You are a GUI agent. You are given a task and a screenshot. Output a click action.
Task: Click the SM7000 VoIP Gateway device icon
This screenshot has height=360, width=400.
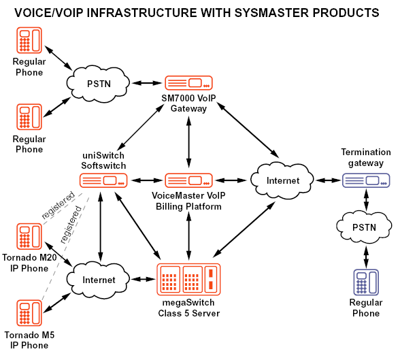tap(188, 82)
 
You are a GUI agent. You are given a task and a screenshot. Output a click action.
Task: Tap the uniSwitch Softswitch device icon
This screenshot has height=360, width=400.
tap(103, 180)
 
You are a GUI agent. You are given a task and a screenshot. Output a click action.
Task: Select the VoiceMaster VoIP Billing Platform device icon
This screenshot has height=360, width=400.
tap(188, 180)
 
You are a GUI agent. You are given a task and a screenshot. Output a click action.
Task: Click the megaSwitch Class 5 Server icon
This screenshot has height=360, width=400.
tap(188, 280)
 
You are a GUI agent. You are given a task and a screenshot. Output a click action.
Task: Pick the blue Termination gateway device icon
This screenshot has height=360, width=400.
tap(366, 180)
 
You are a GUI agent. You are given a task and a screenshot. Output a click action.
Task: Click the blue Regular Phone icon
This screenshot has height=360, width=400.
tap(366, 282)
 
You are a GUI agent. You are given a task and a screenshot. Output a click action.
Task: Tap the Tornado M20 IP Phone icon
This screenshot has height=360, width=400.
tap(29, 236)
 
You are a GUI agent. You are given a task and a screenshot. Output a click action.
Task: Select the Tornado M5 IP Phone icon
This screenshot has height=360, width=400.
tap(29, 313)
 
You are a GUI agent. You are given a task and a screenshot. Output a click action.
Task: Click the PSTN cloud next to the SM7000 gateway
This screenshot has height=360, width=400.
tap(98, 84)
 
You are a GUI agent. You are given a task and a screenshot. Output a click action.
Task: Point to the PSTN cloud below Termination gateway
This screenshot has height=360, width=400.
tap(364, 227)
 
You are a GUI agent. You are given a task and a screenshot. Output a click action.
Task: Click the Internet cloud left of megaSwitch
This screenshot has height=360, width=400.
tap(98, 280)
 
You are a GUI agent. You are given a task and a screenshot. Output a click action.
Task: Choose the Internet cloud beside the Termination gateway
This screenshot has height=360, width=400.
tap(282, 180)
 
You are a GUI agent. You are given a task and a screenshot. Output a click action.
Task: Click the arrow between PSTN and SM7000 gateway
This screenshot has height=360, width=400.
tap(147, 83)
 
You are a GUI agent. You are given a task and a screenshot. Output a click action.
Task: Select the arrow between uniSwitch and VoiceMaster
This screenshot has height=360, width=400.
tap(146, 180)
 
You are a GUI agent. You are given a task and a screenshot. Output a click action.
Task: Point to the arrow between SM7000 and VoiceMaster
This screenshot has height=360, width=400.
tap(188, 142)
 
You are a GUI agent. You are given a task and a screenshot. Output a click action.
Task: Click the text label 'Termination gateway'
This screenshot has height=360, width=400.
tap(366, 157)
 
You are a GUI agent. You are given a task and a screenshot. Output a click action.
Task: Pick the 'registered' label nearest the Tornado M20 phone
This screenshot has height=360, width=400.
tap(59, 206)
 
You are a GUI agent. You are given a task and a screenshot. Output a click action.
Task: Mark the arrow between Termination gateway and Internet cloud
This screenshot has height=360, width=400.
tap(329, 180)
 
